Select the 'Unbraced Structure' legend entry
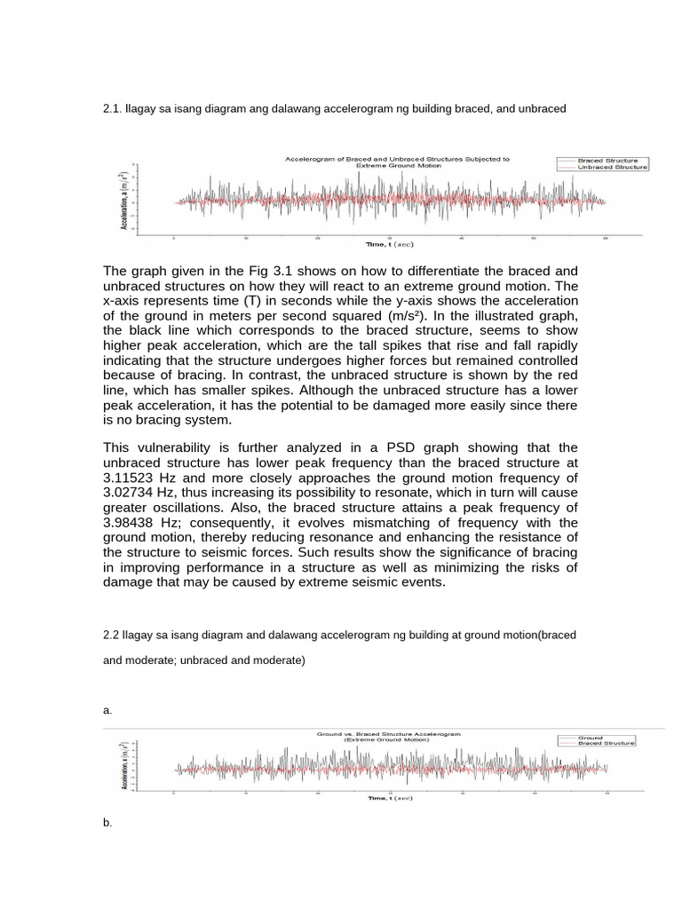pos(612,167)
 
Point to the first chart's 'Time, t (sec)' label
pos(390,243)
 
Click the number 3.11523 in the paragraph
pos(136,477)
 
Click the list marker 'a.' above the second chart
pos(107,710)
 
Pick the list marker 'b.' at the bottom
pos(107,824)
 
